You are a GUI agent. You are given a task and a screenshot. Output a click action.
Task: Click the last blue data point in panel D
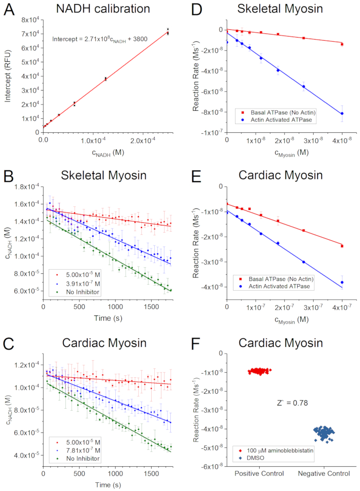pos(342,113)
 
